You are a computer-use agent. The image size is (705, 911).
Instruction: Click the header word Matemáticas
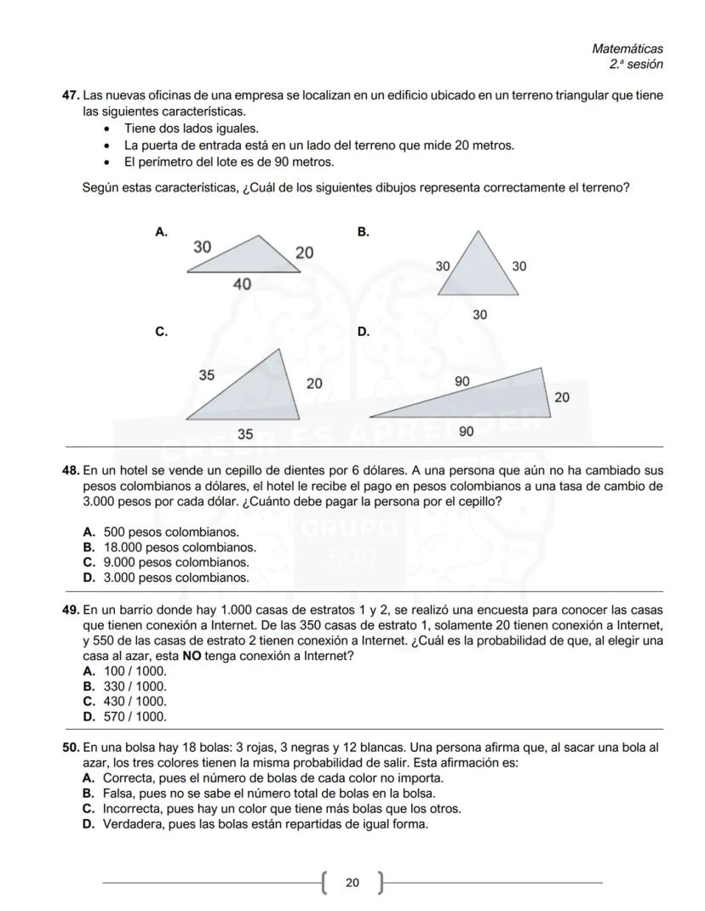click(x=627, y=49)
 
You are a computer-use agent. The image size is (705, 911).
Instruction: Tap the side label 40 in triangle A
click(x=242, y=284)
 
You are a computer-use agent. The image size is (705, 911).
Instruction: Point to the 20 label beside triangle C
click(x=314, y=384)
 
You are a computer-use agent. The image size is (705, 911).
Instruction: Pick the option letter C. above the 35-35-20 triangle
click(x=161, y=332)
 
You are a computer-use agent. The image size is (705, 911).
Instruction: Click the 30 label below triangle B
click(x=480, y=315)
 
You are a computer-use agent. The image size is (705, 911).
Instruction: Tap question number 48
click(x=71, y=470)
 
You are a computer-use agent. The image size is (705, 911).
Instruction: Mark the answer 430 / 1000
click(x=135, y=701)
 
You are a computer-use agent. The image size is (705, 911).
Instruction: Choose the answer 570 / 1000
click(x=135, y=716)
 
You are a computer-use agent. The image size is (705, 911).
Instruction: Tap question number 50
click(x=71, y=748)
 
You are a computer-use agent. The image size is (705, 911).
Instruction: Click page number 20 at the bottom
click(x=352, y=883)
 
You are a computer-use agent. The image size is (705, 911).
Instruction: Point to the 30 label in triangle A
click(x=203, y=247)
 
